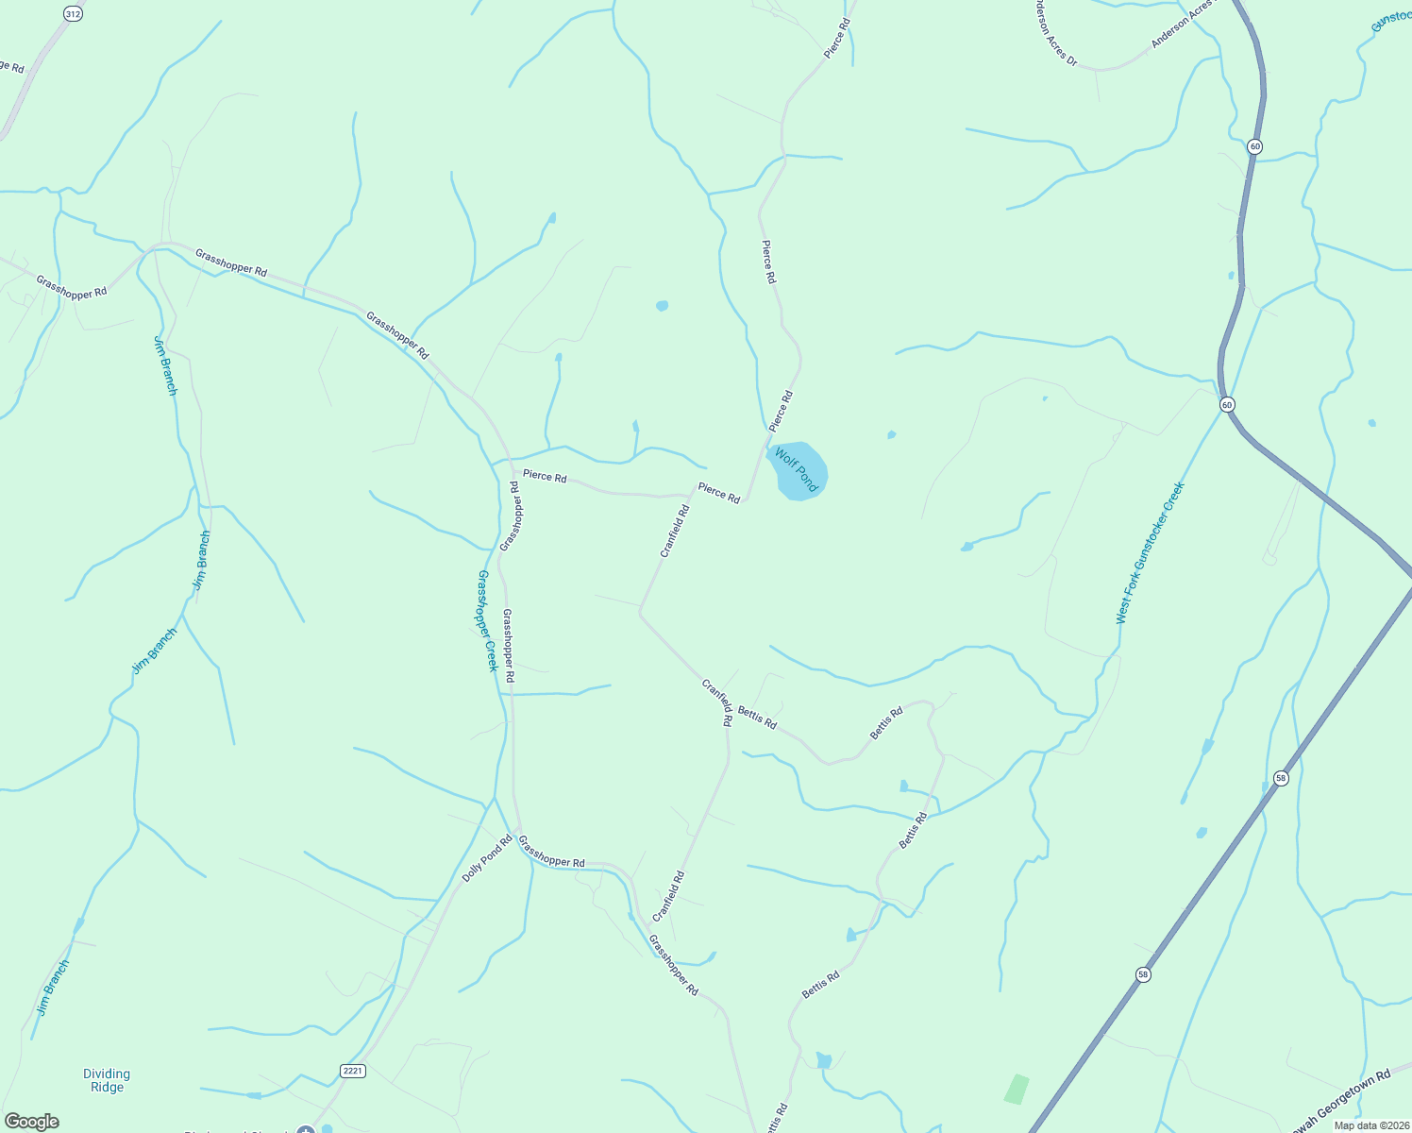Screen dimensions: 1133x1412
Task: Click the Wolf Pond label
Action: tap(796, 469)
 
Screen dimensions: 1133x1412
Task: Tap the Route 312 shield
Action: tap(73, 13)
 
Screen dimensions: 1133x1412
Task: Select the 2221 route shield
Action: tap(353, 1071)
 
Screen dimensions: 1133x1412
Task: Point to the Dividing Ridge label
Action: tap(107, 1080)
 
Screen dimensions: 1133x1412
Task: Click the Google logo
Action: tap(31, 1122)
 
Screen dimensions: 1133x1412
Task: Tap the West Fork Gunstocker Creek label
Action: tap(1149, 553)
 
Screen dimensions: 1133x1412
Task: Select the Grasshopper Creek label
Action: tap(487, 620)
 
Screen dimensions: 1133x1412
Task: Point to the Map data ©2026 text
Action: tap(1370, 1125)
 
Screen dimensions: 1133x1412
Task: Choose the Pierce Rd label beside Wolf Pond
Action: tap(782, 411)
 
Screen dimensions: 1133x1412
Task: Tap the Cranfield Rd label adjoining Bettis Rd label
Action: tap(718, 702)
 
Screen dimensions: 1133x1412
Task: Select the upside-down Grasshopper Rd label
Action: tap(511, 516)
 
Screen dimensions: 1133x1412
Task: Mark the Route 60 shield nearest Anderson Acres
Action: tap(1254, 146)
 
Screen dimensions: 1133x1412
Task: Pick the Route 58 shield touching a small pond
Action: tap(1280, 778)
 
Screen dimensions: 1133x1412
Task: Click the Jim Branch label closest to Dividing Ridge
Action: tap(54, 988)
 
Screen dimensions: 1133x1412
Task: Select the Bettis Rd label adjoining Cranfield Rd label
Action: tap(757, 718)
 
